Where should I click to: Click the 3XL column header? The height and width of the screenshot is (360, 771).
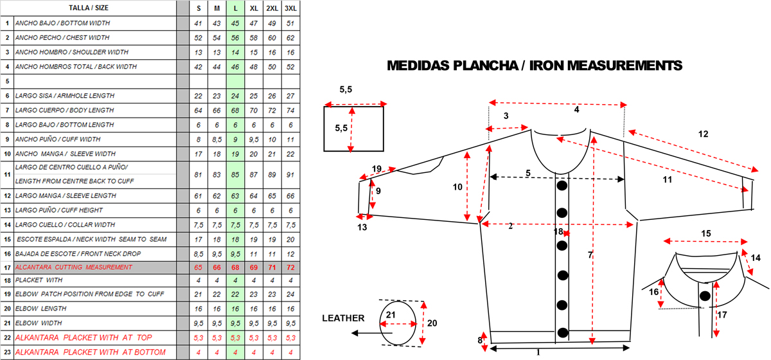(x=291, y=8)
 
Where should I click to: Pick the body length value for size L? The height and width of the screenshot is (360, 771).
(x=236, y=110)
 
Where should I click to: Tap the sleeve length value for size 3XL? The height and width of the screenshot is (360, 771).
(x=291, y=195)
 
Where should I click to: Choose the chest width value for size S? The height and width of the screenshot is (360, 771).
(x=199, y=38)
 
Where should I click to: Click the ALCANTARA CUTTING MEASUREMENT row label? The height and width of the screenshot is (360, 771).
(x=73, y=267)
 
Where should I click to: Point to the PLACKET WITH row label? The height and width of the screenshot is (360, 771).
(x=40, y=281)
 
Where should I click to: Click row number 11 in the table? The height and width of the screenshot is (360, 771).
(x=7, y=174)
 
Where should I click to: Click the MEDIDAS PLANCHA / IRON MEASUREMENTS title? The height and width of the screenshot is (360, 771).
(x=534, y=66)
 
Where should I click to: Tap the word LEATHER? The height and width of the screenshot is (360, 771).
(x=343, y=318)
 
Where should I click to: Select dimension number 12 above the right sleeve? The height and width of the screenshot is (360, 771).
(x=703, y=134)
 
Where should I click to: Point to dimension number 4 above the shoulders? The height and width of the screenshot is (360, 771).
(x=576, y=110)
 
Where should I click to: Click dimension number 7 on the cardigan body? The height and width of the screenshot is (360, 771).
(x=590, y=255)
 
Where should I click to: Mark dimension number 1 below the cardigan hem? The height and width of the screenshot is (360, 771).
(x=538, y=352)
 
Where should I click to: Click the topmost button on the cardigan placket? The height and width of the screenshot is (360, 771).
(x=562, y=186)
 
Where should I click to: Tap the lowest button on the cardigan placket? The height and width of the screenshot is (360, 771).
(x=563, y=332)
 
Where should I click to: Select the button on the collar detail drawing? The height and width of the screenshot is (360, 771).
(x=705, y=296)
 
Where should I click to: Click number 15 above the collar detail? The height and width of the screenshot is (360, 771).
(x=705, y=233)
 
